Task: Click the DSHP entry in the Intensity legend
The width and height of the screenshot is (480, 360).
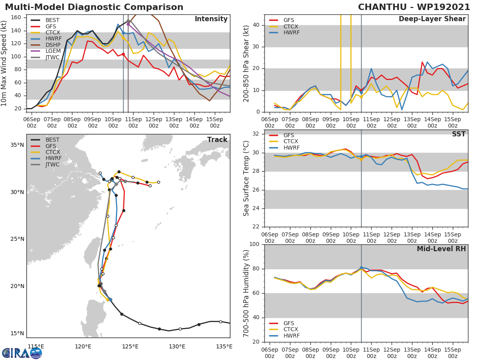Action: point(52,46)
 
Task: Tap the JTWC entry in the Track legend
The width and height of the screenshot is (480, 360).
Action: point(52,165)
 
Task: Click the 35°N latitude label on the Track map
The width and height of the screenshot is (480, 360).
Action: point(17,145)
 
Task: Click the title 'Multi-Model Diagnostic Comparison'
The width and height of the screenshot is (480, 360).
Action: point(94,7)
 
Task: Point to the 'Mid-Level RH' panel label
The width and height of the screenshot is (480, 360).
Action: point(441,249)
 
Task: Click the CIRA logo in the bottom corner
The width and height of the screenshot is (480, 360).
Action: point(22,353)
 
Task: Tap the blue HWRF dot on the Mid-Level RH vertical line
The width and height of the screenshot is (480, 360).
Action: point(361,268)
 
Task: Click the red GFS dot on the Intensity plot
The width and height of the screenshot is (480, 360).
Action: point(123,54)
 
